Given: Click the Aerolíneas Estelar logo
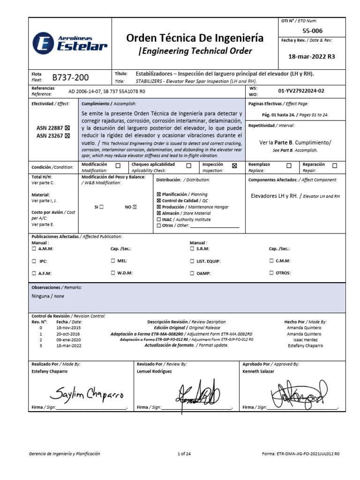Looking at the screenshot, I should click(70, 43).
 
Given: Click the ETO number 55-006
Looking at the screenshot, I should click(312, 30).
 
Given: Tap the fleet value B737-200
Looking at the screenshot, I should click(70, 77).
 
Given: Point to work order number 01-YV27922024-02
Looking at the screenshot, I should click(307, 91).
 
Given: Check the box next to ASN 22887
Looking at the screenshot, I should click(67, 127).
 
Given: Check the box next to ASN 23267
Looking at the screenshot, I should click(67, 136).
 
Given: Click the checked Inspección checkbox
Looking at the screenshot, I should click(234, 165).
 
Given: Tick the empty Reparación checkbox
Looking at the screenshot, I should click(335, 165).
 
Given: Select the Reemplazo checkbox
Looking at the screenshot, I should click(289, 165).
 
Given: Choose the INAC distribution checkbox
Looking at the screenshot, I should click(158, 219).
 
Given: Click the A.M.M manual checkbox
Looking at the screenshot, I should click(34, 249).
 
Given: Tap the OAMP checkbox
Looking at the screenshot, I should click(192, 273).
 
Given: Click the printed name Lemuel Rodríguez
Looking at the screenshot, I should click(154, 371).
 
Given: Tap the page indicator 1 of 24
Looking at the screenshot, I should click(184, 454).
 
